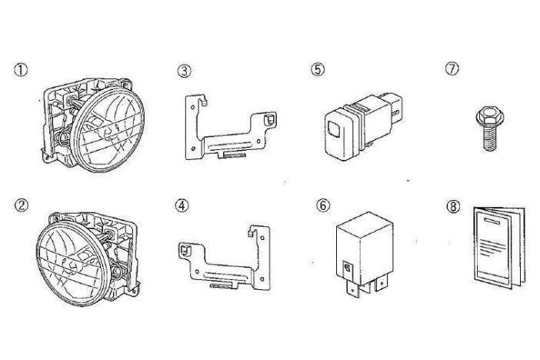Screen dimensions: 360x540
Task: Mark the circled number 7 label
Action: coord(452,68)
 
